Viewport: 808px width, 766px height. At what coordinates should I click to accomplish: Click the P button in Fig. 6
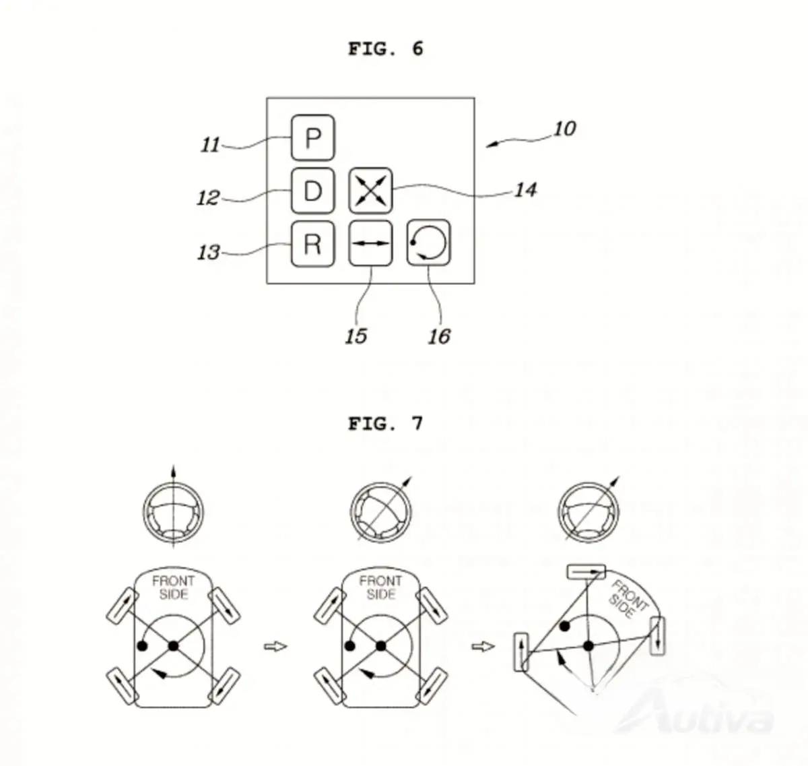tap(312, 138)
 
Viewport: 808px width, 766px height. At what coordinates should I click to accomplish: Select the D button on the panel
tap(312, 191)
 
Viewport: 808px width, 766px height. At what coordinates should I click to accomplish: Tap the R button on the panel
tap(312, 244)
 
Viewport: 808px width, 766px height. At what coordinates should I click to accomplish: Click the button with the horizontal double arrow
tap(370, 243)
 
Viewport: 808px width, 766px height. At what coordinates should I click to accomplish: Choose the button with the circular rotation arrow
tap(429, 243)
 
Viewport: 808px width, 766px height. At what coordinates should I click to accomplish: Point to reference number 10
tap(565, 129)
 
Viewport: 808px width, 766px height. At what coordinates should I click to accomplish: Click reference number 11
tap(211, 145)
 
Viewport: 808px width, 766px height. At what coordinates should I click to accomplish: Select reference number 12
tap(208, 198)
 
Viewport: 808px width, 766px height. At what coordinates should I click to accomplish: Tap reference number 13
tap(209, 252)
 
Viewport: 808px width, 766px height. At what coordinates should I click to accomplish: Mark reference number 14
tap(526, 190)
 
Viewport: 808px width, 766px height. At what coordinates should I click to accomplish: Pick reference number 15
tap(356, 336)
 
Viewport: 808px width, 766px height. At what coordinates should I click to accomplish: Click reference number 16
tap(439, 336)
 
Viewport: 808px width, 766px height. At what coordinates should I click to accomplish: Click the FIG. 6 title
tap(386, 49)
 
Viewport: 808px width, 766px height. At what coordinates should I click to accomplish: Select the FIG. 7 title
tap(386, 424)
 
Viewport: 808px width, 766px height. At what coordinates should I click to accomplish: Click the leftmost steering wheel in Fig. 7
tap(173, 513)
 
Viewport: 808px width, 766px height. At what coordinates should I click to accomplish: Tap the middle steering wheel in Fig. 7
tap(380, 513)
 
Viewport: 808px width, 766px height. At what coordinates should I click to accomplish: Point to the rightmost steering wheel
tap(588, 513)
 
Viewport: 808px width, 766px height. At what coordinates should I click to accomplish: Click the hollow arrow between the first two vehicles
tap(275, 646)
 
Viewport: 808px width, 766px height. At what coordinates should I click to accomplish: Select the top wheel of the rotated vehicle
tap(586, 572)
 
